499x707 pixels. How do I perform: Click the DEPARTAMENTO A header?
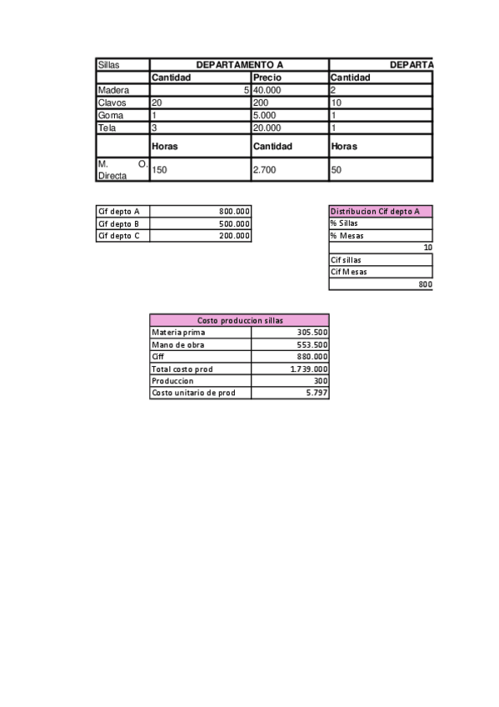(239, 65)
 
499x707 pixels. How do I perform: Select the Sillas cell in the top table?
(108, 65)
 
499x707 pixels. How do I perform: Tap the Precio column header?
(267, 78)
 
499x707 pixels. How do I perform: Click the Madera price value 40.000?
(267, 90)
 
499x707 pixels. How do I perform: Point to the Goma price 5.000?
(266, 115)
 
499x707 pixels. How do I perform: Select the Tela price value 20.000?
(267, 128)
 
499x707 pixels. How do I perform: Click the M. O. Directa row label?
(122, 169)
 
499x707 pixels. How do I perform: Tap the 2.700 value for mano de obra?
(265, 169)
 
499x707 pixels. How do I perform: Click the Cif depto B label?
(119, 224)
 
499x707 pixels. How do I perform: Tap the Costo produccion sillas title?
(239, 320)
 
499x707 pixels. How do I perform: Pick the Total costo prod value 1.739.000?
(308, 369)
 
